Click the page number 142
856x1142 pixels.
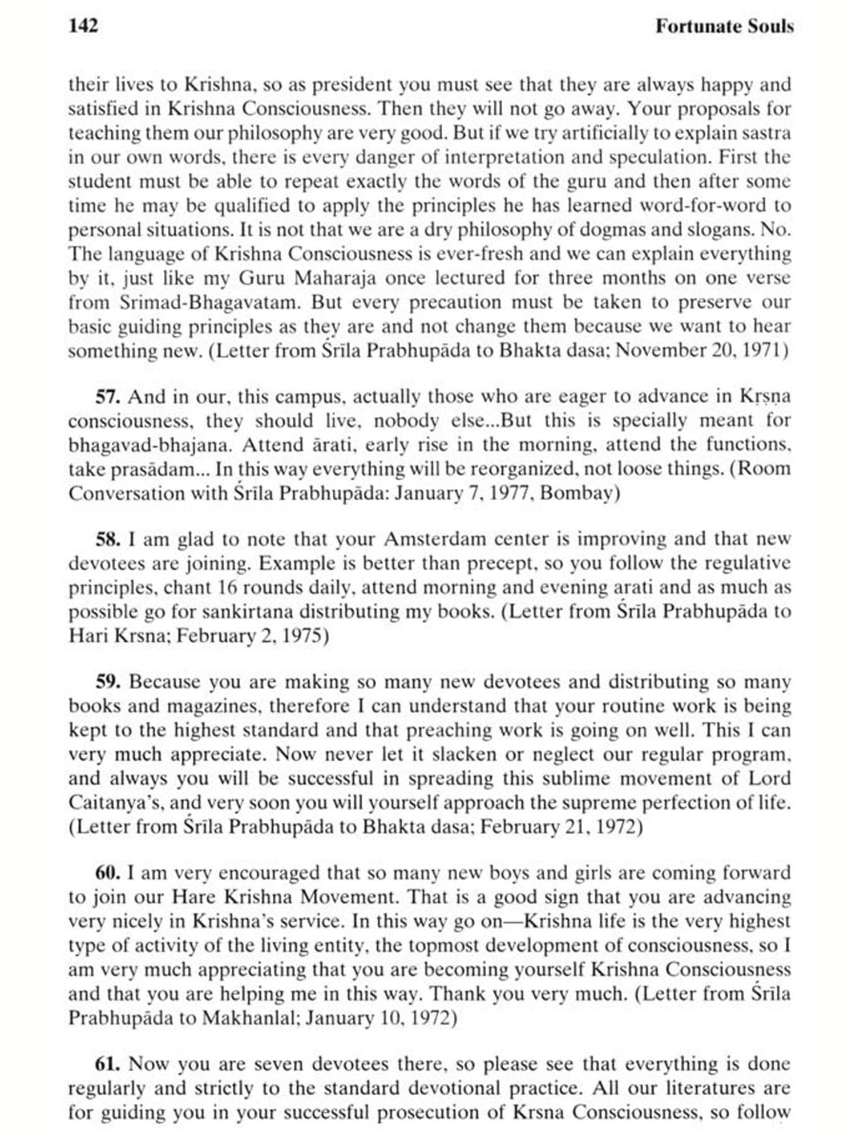pos(83,26)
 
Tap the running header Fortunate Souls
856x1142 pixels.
pos(724,26)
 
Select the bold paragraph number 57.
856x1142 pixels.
pos(107,396)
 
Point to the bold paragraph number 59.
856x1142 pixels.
pos(107,682)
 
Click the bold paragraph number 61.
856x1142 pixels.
pos(107,1064)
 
